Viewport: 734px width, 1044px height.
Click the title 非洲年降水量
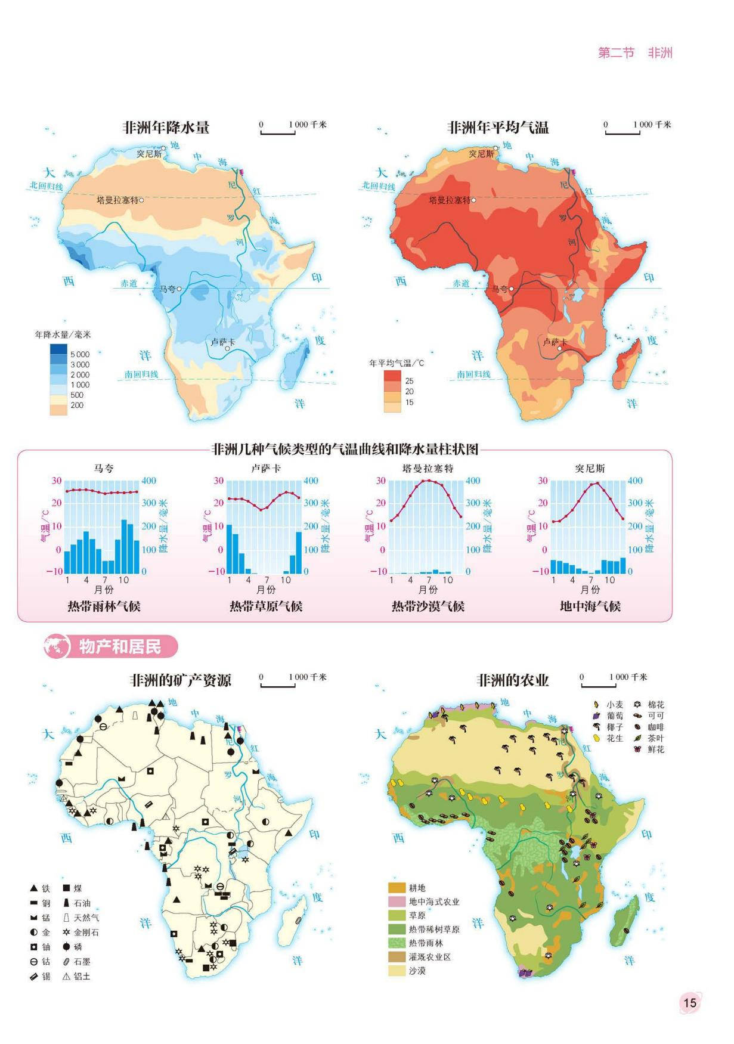(x=166, y=127)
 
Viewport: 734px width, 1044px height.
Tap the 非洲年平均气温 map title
(x=498, y=127)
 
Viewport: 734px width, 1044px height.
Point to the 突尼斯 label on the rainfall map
(x=148, y=153)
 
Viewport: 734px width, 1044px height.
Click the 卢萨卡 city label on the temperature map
(x=555, y=342)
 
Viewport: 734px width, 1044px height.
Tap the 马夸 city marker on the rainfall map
(x=179, y=289)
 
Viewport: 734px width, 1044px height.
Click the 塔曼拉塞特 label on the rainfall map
(x=117, y=200)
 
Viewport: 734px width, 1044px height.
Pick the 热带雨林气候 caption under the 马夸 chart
(x=104, y=606)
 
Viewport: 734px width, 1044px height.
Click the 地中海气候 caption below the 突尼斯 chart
(x=590, y=606)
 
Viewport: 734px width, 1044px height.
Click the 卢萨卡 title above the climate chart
(x=266, y=468)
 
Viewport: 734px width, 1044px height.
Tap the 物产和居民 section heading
(x=120, y=646)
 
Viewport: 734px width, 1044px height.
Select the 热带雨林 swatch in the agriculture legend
(x=397, y=943)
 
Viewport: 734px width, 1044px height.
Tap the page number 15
(x=689, y=1002)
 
